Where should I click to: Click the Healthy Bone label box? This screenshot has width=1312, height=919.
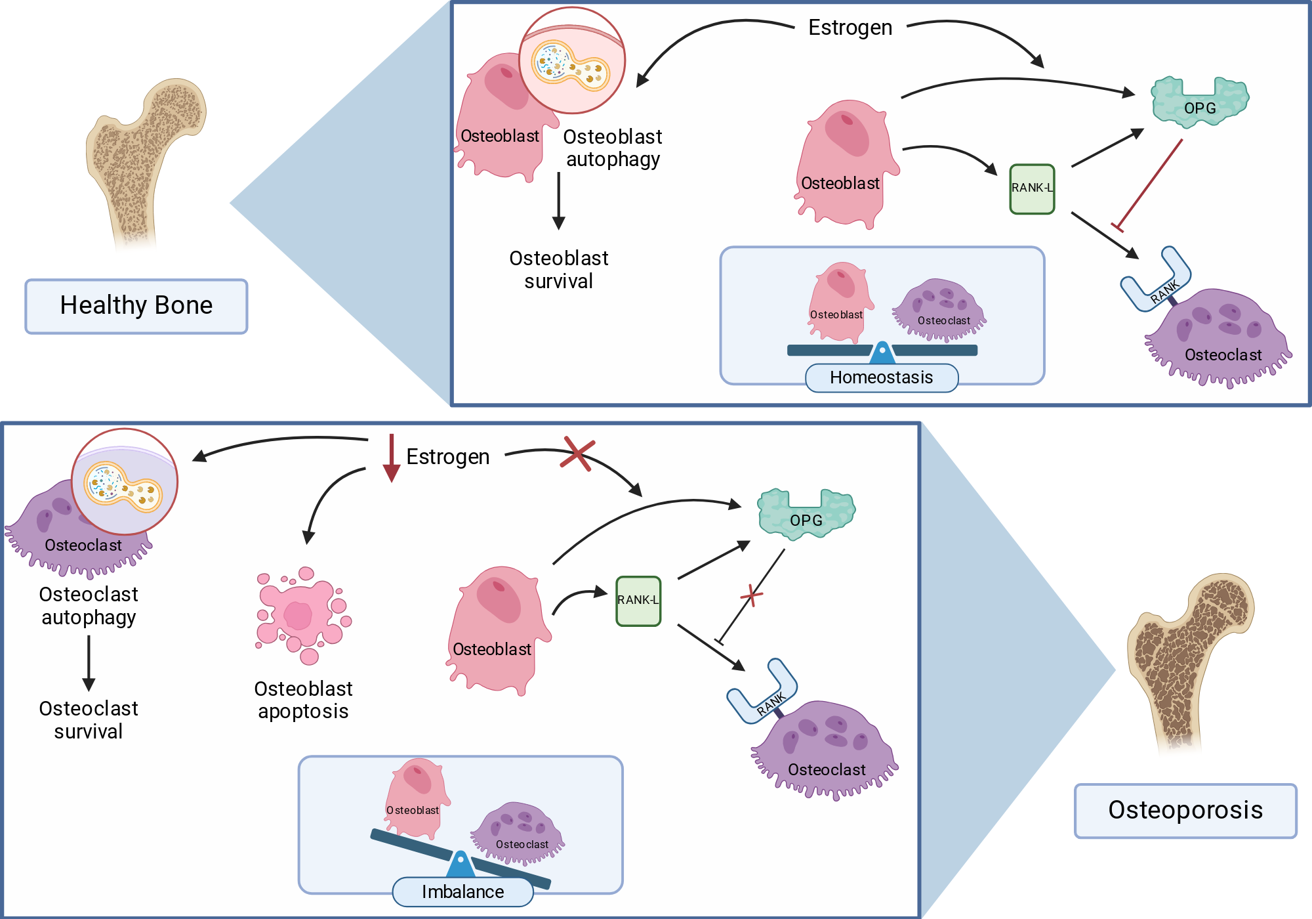pos(136,307)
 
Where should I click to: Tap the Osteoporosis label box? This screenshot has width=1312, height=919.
pos(1185,811)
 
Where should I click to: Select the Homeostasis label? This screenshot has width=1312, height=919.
pos(882,378)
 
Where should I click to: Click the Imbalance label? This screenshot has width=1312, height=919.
pos(462,892)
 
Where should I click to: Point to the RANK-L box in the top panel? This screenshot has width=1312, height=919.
pos(1032,189)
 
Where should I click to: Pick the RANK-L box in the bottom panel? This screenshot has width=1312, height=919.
pos(638,601)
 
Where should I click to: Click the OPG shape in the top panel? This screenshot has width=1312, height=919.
pos(1200,102)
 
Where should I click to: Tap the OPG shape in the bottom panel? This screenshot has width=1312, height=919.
pos(806,514)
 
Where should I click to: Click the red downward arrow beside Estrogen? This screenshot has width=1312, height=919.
pos(392,458)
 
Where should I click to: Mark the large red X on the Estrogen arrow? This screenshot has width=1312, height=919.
pos(577,454)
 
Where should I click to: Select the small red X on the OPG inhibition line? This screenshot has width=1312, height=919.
pos(751,595)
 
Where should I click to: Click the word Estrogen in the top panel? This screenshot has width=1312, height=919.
pos(850,28)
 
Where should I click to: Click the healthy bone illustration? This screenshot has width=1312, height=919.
pos(145,164)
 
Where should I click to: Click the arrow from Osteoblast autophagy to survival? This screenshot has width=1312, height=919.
pos(559,201)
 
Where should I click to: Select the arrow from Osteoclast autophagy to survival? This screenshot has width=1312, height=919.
pos(89,664)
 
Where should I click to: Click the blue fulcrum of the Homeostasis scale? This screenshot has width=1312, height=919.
pos(882,353)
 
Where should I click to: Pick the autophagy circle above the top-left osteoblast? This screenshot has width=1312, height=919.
pos(572,60)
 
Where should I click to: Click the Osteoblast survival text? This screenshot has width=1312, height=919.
pos(559,270)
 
